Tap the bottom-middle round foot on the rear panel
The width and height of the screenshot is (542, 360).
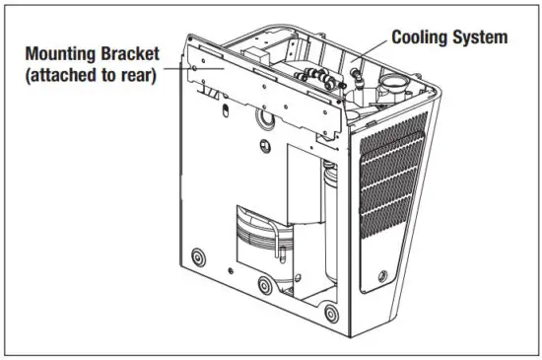(264, 287)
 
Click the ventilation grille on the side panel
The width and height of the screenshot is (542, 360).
(391, 178)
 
